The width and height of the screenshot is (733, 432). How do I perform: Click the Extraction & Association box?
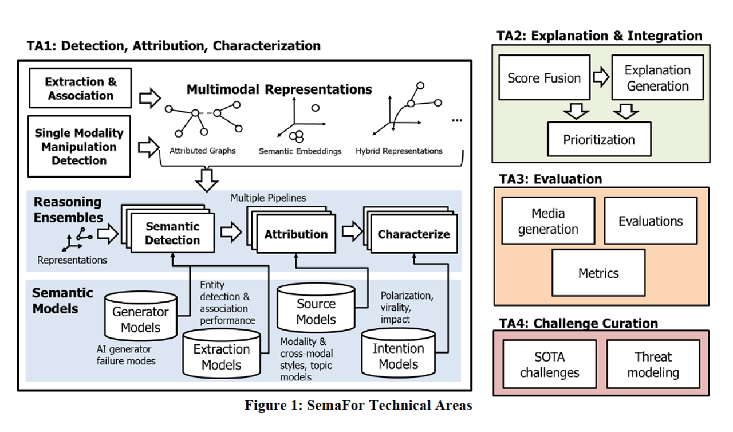[x=81, y=89]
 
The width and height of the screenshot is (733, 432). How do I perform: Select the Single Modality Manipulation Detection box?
[x=79, y=147]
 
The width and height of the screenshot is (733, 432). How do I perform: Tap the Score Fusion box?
[x=544, y=78]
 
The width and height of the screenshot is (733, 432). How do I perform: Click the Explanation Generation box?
[x=657, y=78]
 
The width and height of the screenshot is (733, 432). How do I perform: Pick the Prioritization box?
[x=599, y=139]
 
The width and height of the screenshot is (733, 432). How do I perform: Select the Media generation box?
[x=547, y=221]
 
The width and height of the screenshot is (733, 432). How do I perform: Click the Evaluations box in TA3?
[x=651, y=221]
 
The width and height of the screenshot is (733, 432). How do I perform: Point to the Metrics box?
[x=598, y=273]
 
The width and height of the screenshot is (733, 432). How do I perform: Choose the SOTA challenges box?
[x=549, y=364]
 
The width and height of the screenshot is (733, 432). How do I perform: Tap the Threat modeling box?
[x=653, y=364]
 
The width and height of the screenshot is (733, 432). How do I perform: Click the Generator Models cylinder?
[x=140, y=319]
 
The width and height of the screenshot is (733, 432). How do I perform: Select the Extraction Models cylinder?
[x=222, y=356]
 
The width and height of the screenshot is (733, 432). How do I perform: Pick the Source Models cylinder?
[x=316, y=311]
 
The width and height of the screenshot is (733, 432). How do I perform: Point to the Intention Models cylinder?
[x=399, y=355]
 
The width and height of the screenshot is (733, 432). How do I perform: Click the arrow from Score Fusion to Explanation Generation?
[x=601, y=77]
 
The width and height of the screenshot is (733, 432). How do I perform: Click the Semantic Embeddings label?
[x=300, y=152]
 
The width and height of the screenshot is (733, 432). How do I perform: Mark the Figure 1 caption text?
[x=358, y=406]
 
